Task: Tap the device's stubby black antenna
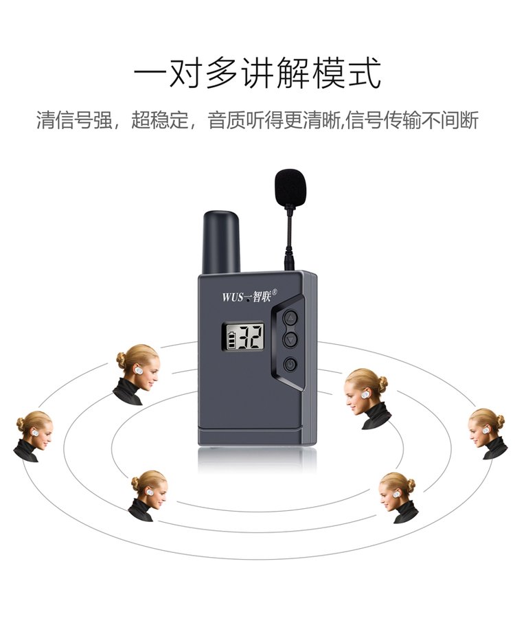pyautogui.click(x=222, y=242)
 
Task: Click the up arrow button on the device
pyautogui.click(x=290, y=318)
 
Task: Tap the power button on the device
pyautogui.click(x=290, y=364)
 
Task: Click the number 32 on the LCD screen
pyautogui.click(x=250, y=337)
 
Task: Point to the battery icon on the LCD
pyautogui.click(x=231, y=340)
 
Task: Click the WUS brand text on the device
pyautogui.click(x=232, y=297)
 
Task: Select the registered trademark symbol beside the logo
pyautogui.click(x=274, y=291)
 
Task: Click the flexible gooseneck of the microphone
pyautogui.click(x=288, y=231)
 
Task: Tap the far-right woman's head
pyautogui.click(x=486, y=428)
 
